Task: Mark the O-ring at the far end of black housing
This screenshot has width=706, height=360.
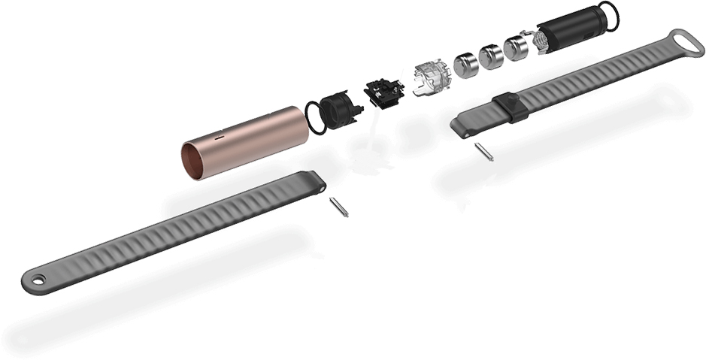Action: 608,16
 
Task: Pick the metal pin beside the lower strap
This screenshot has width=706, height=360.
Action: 338,207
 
